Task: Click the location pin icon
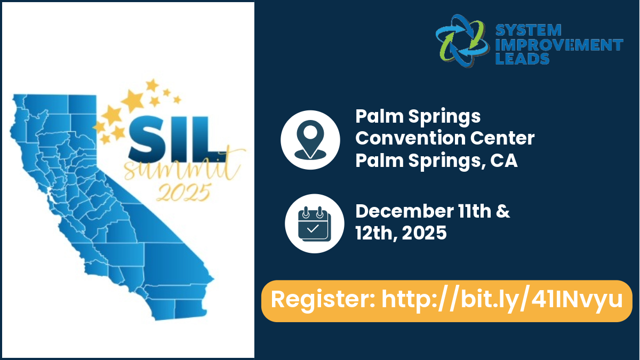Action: point(310,140)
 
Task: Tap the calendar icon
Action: point(314,223)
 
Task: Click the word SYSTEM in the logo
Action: point(529,30)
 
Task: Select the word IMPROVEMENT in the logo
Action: point(559,45)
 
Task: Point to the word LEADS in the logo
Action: point(522,58)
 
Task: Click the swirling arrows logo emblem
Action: point(462,41)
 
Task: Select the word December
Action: point(404,211)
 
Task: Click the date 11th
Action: point(475,211)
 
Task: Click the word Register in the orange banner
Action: point(323,299)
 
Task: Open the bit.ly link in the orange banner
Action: point(502,300)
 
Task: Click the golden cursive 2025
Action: point(183,193)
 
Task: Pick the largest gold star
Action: point(132,101)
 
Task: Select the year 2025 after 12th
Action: point(424,233)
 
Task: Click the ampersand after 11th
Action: point(503,211)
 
